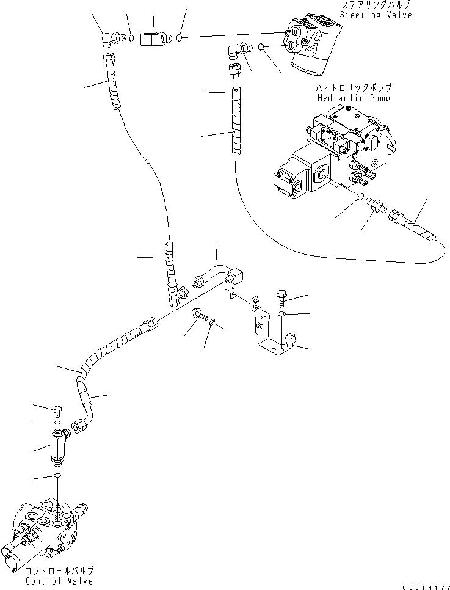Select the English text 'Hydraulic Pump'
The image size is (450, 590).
click(354, 98)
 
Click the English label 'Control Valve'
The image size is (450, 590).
click(59, 581)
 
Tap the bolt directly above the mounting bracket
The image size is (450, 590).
click(282, 297)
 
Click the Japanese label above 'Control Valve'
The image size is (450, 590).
click(59, 570)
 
